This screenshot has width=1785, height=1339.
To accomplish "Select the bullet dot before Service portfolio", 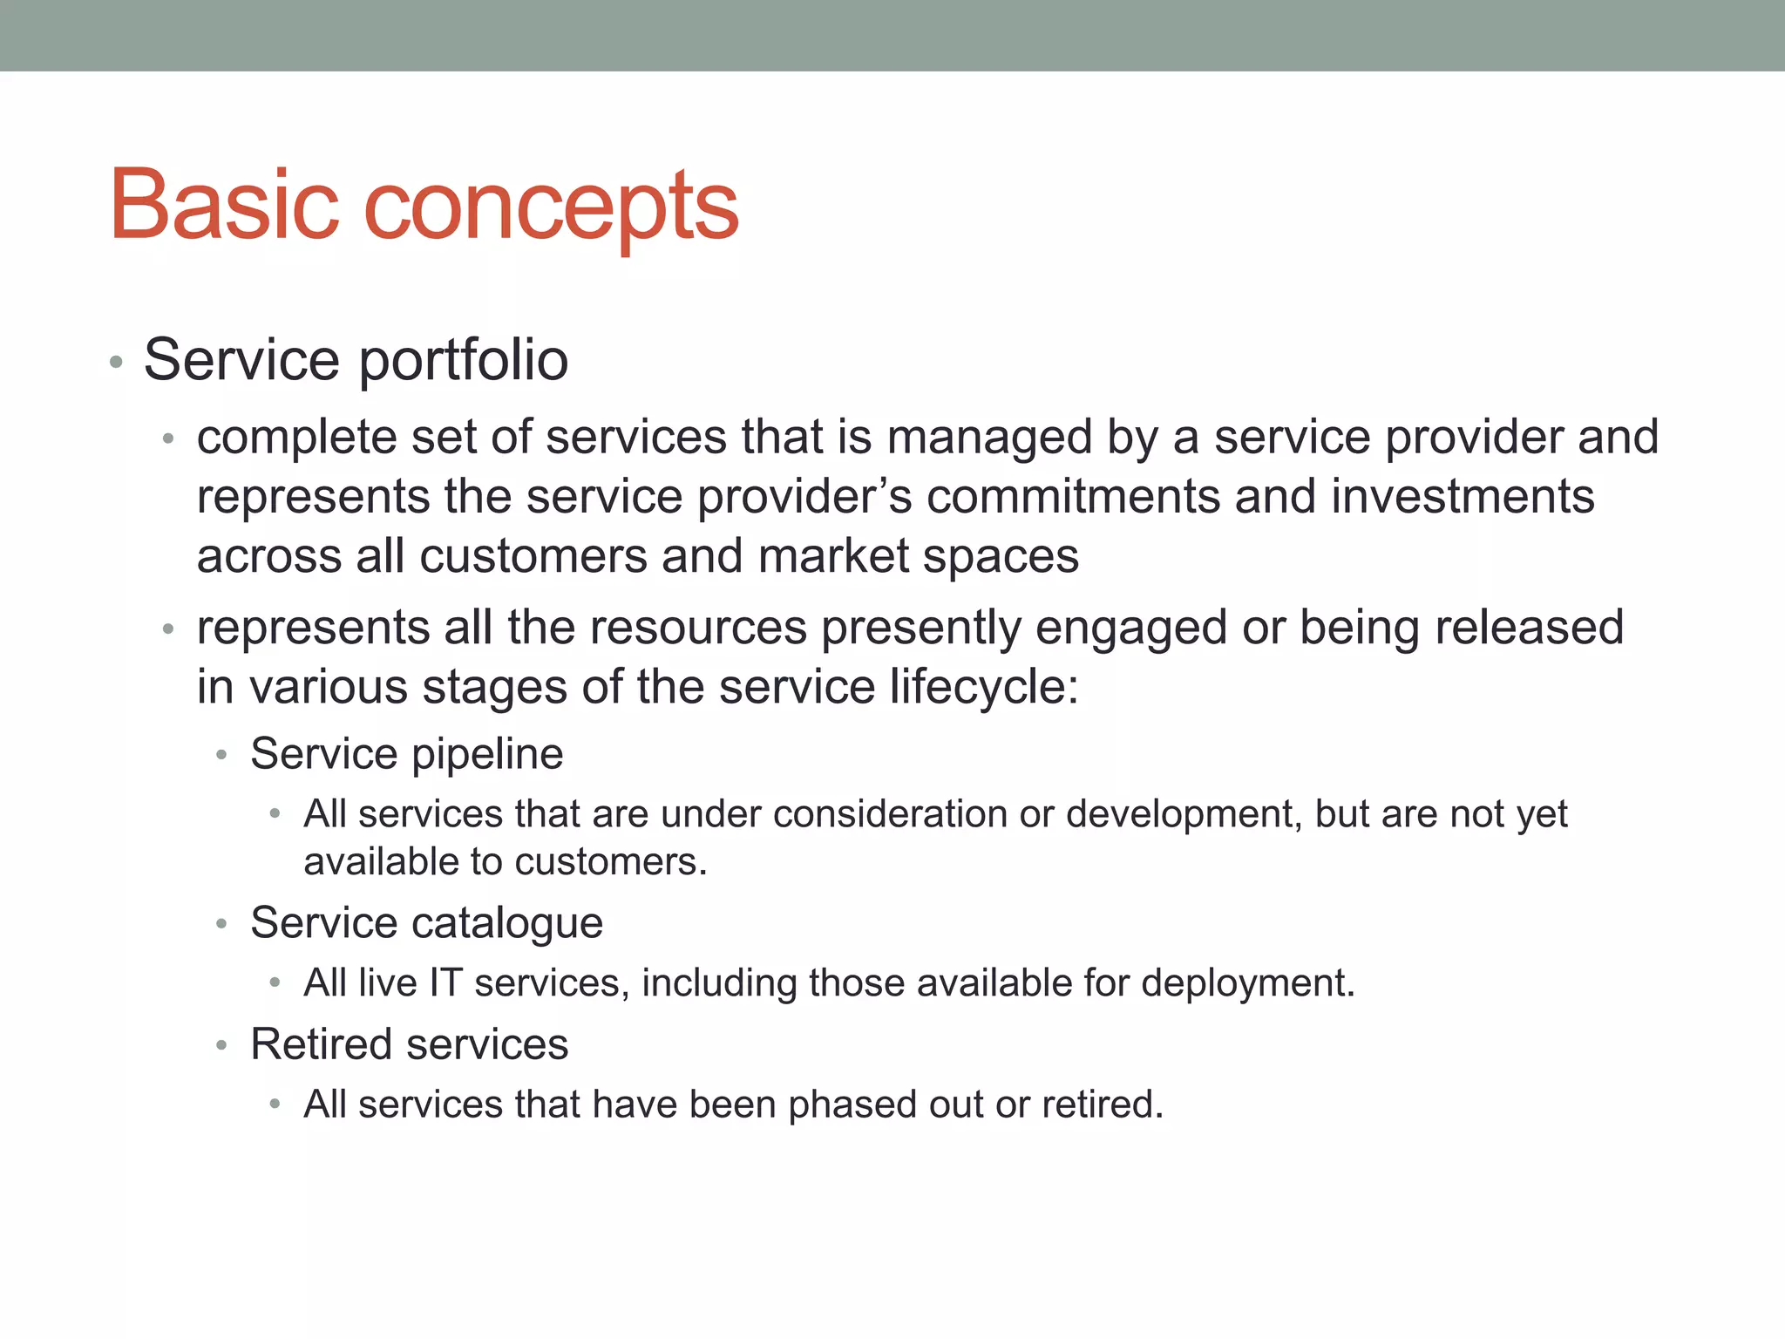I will (116, 362).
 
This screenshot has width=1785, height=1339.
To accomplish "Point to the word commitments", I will (1073, 497).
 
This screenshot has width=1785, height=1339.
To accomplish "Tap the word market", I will (833, 556).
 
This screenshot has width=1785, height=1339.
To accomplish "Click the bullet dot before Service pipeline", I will (222, 755).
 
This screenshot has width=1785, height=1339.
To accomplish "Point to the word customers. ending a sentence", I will (610, 862).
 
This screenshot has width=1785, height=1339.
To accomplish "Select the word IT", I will (445, 983).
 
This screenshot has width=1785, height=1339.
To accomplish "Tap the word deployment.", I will (1247, 983).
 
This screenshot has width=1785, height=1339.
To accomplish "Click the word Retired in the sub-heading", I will (323, 1044).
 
